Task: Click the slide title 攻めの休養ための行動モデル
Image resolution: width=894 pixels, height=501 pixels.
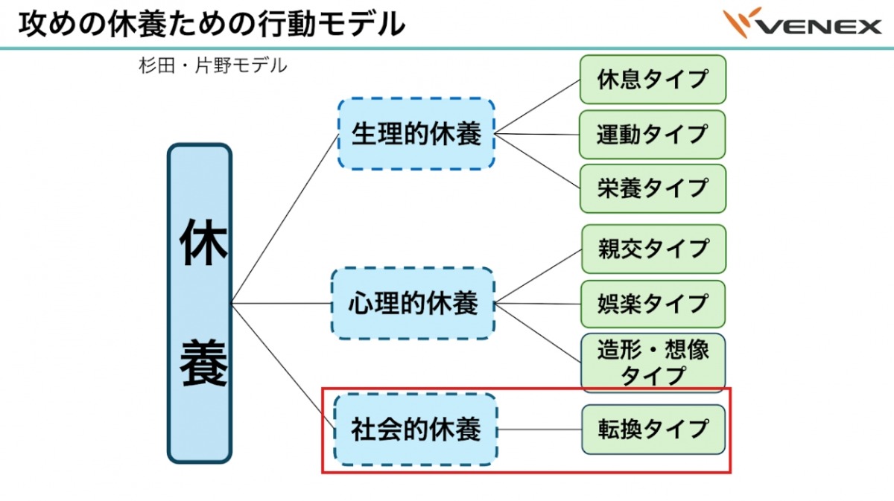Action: [212, 24]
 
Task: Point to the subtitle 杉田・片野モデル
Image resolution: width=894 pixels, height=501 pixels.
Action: [212, 66]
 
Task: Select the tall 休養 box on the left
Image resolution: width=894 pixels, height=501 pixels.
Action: [200, 303]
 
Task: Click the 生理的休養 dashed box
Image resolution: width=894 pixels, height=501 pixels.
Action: [416, 134]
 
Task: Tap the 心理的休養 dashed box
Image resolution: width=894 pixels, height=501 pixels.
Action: [413, 304]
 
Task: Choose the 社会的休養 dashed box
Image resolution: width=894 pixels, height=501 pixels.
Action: [416, 430]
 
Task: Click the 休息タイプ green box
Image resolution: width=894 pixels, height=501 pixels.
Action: [652, 79]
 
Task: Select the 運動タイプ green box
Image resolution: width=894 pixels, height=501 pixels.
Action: [652, 135]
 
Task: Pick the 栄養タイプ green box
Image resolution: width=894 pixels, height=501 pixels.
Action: [652, 188]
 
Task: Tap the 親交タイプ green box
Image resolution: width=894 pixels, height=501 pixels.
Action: [652, 249]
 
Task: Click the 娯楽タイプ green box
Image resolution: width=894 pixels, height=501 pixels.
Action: [652, 304]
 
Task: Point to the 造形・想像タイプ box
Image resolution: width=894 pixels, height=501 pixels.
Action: [652, 363]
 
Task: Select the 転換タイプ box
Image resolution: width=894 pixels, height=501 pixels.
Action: [652, 430]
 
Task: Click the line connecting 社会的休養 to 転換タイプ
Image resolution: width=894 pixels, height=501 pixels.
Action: [539, 430]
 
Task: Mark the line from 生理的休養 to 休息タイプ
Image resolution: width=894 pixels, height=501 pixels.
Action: [537, 106]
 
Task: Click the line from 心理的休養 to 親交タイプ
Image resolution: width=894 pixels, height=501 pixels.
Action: [538, 276]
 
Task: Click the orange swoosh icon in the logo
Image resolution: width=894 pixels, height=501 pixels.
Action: [742, 21]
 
